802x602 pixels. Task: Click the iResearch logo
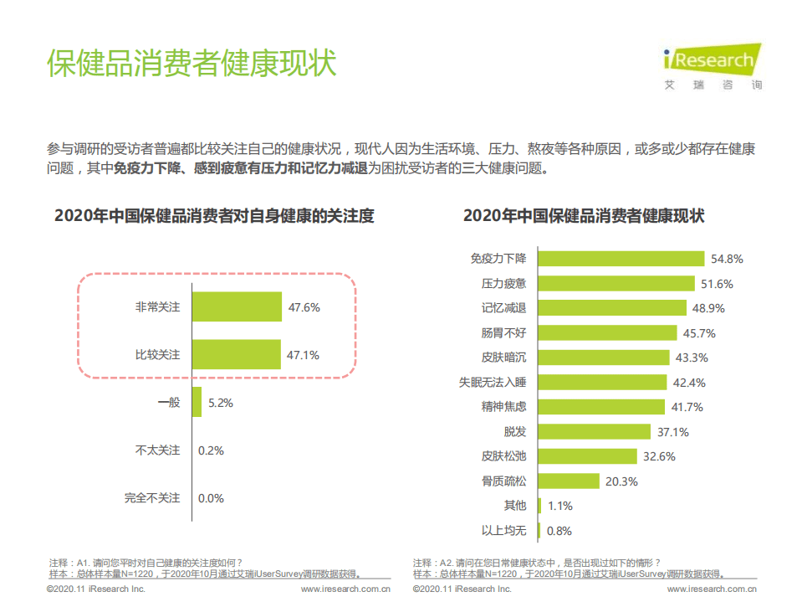[x=713, y=65]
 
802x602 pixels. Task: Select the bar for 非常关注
[x=237, y=307]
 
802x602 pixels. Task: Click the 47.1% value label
[x=304, y=355]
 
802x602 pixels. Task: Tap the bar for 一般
[x=197, y=403]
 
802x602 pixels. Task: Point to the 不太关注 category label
[x=158, y=450]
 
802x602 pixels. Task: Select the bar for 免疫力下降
[x=621, y=259]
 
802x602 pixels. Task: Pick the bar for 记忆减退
[x=611, y=308]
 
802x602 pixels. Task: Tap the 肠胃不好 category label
[x=503, y=333]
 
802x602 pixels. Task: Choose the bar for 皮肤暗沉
[x=603, y=358]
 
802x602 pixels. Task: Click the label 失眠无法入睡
[x=493, y=383]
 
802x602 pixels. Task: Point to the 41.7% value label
[x=686, y=407]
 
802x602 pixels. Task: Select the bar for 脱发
[x=594, y=432]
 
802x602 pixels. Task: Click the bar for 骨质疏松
[x=568, y=481]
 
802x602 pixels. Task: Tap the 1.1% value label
[x=559, y=506]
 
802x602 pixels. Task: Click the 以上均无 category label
[x=503, y=531]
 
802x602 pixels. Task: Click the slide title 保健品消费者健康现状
[x=192, y=64]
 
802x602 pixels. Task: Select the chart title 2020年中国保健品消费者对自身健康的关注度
[x=214, y=216]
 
